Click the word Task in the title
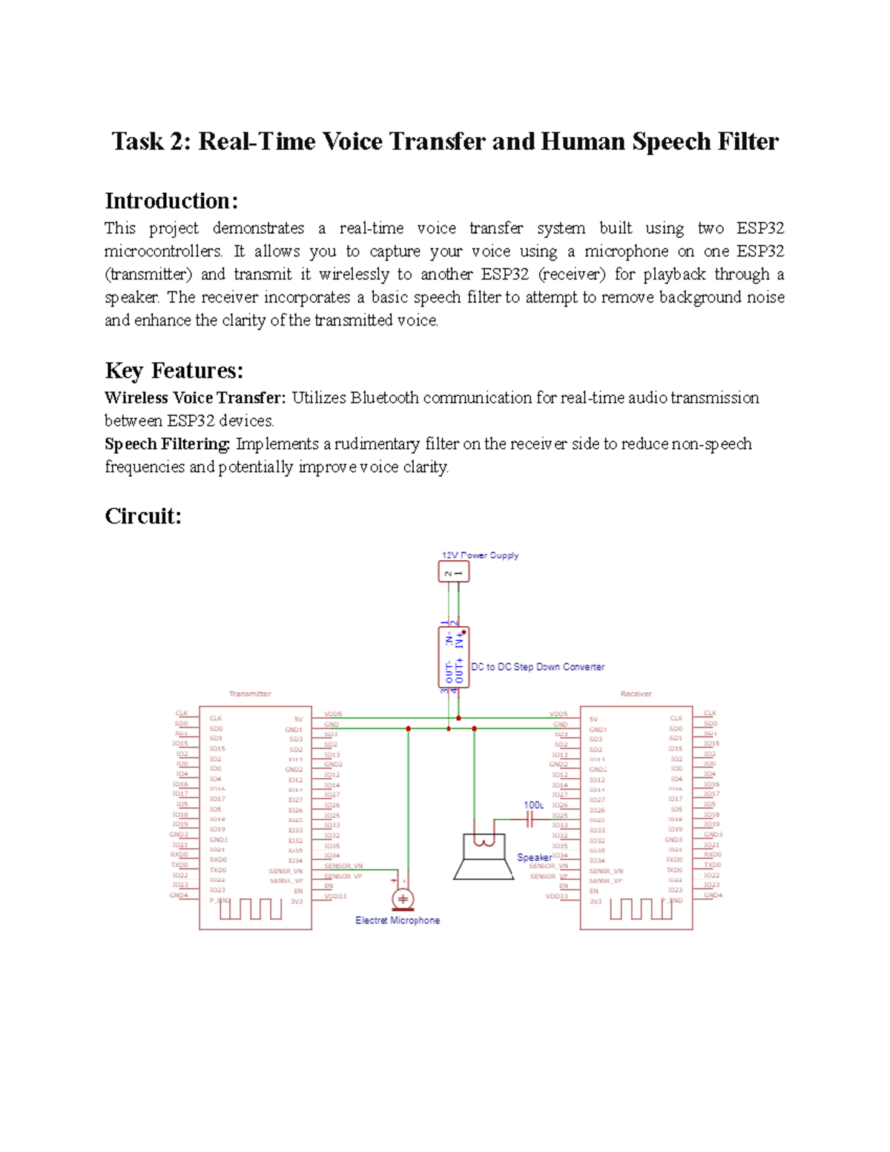pyautogui.click(x=139, y=142)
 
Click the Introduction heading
pyautogui.click(x=171, y=201)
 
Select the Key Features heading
pyautogui.click(x=174, y=370)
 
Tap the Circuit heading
pyautogui.click(x=142, y=516)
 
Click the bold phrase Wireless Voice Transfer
pyautogui.click(x=194, y=398)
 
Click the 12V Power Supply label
pyautogui.click(x=480, y=555)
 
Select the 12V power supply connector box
pyautogui.click(x=453, y=572)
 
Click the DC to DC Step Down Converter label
pyautogui.click(x=538, y=667)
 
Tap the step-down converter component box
pyautogui.click(x=453, y=657)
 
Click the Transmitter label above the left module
pyautogui.click(x=250, y=694)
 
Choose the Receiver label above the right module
pyautogui.click(x=636, y=694)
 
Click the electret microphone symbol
pyautogui.click(x=403, y=899)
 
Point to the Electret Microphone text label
pyautogui.click(x=398, y=921)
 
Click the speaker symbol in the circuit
pyautogui.click(x=484, y=857)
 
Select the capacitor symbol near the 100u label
pyautogui.click(x=530, y=820)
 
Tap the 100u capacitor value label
pyautogui.click(x=533, y=805)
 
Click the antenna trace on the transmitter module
pyautogui.click(x=251, y=909)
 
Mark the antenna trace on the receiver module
pyautogui.click(x=641, y=909)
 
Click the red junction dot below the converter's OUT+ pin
pyautogui.click(x=458, y=718)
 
